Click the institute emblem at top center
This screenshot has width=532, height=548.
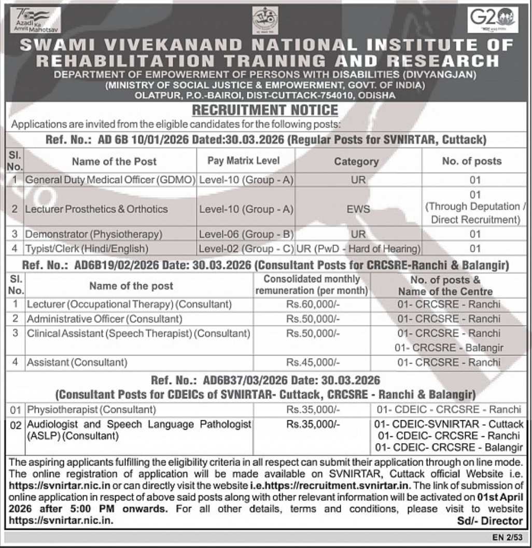point(264,21)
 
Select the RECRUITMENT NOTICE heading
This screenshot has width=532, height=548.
point(265,110)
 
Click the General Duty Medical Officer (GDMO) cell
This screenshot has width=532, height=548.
point(109,180)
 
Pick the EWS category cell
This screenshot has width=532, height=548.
point(358,209)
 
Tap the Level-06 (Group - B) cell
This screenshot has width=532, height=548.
point(246,234)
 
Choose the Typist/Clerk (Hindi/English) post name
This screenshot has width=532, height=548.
point(87,248)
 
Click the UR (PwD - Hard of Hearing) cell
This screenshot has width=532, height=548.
point(358,248)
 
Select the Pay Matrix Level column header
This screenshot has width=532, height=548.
point(243,161)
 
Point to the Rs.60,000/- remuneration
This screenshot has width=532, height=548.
point(313,304)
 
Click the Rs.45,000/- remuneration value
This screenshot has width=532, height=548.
point(313,362)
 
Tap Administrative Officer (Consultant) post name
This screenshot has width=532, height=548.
point(104,319)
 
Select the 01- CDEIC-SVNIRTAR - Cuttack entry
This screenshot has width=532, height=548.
point(449,424)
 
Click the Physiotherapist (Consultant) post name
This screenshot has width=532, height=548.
point(91,410)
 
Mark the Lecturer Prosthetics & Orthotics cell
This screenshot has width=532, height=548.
point(97,209)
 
